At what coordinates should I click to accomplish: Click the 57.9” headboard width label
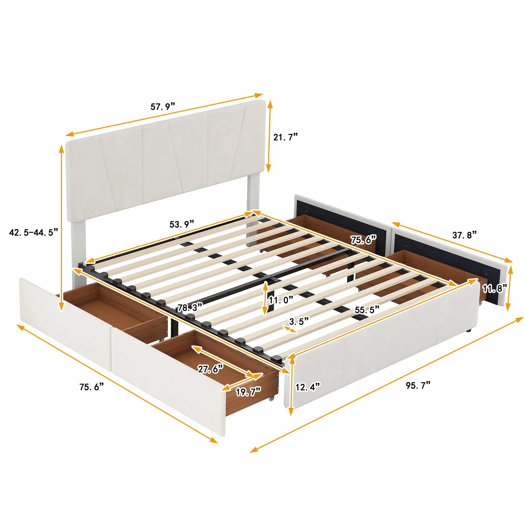163,107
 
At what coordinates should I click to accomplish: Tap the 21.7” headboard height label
285,137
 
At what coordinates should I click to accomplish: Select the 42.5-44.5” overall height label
34,232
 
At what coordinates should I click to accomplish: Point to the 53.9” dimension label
182,224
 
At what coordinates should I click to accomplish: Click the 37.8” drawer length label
464,235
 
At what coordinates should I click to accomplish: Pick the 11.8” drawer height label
495,288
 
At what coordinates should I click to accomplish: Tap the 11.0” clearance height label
281,300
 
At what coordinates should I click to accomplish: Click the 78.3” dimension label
190,308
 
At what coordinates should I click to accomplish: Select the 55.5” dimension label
367,310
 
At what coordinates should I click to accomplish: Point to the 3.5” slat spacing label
299,322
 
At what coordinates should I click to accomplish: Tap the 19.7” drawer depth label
248,392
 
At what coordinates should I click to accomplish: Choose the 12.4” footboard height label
308,387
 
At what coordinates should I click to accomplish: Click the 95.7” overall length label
418,385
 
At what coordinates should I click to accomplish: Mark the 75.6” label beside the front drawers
92,387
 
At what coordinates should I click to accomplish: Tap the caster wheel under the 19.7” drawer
271,399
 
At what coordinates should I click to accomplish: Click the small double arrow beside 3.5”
290,330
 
